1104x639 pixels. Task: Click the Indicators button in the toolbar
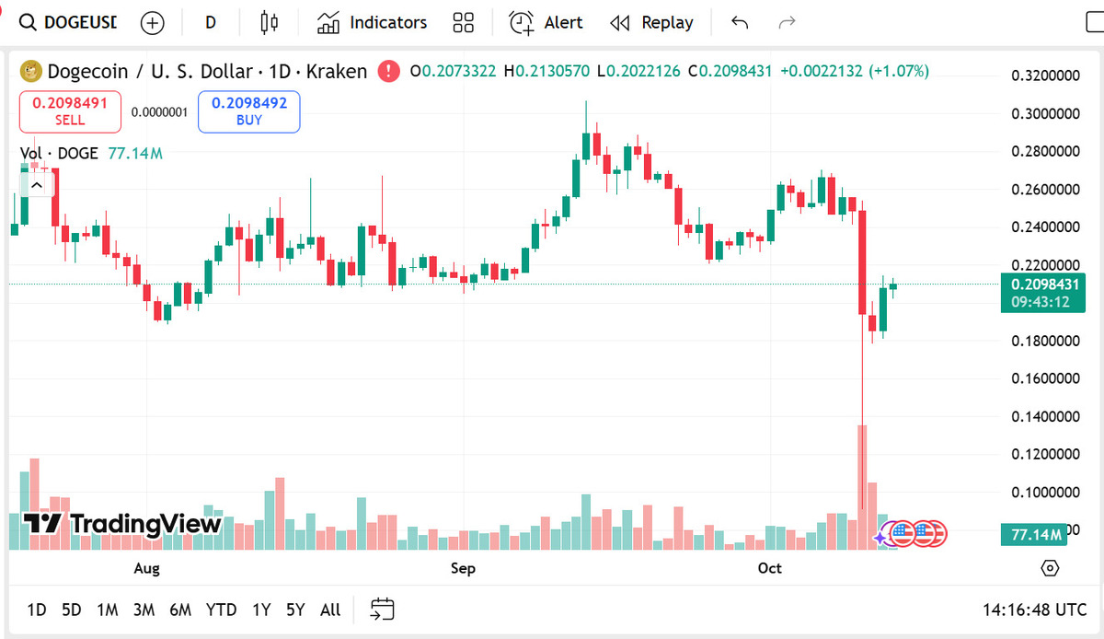pos(373,23)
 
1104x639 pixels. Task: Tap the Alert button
pos(546,23)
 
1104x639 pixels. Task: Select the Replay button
pos(651,23)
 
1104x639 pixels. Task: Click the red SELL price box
pos(70,111)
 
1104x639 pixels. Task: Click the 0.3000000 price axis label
pos(1045,113)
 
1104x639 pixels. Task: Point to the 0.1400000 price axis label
pos(1045,417)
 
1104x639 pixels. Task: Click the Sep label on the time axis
pos(463,568)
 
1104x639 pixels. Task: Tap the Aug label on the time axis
pos(146,568)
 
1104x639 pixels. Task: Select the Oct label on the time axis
pos(770,568)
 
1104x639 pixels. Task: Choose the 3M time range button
pos(144,610)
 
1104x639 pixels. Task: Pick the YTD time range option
pos(221,610)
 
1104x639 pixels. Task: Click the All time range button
pos(330,610)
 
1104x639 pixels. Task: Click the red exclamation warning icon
pos(389,71)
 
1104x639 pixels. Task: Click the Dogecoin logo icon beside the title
pos(32,71)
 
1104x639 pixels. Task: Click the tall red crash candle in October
pos(863,267)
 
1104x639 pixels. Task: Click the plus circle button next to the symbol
pos(152,23)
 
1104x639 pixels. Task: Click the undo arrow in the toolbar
pos(740,23)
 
